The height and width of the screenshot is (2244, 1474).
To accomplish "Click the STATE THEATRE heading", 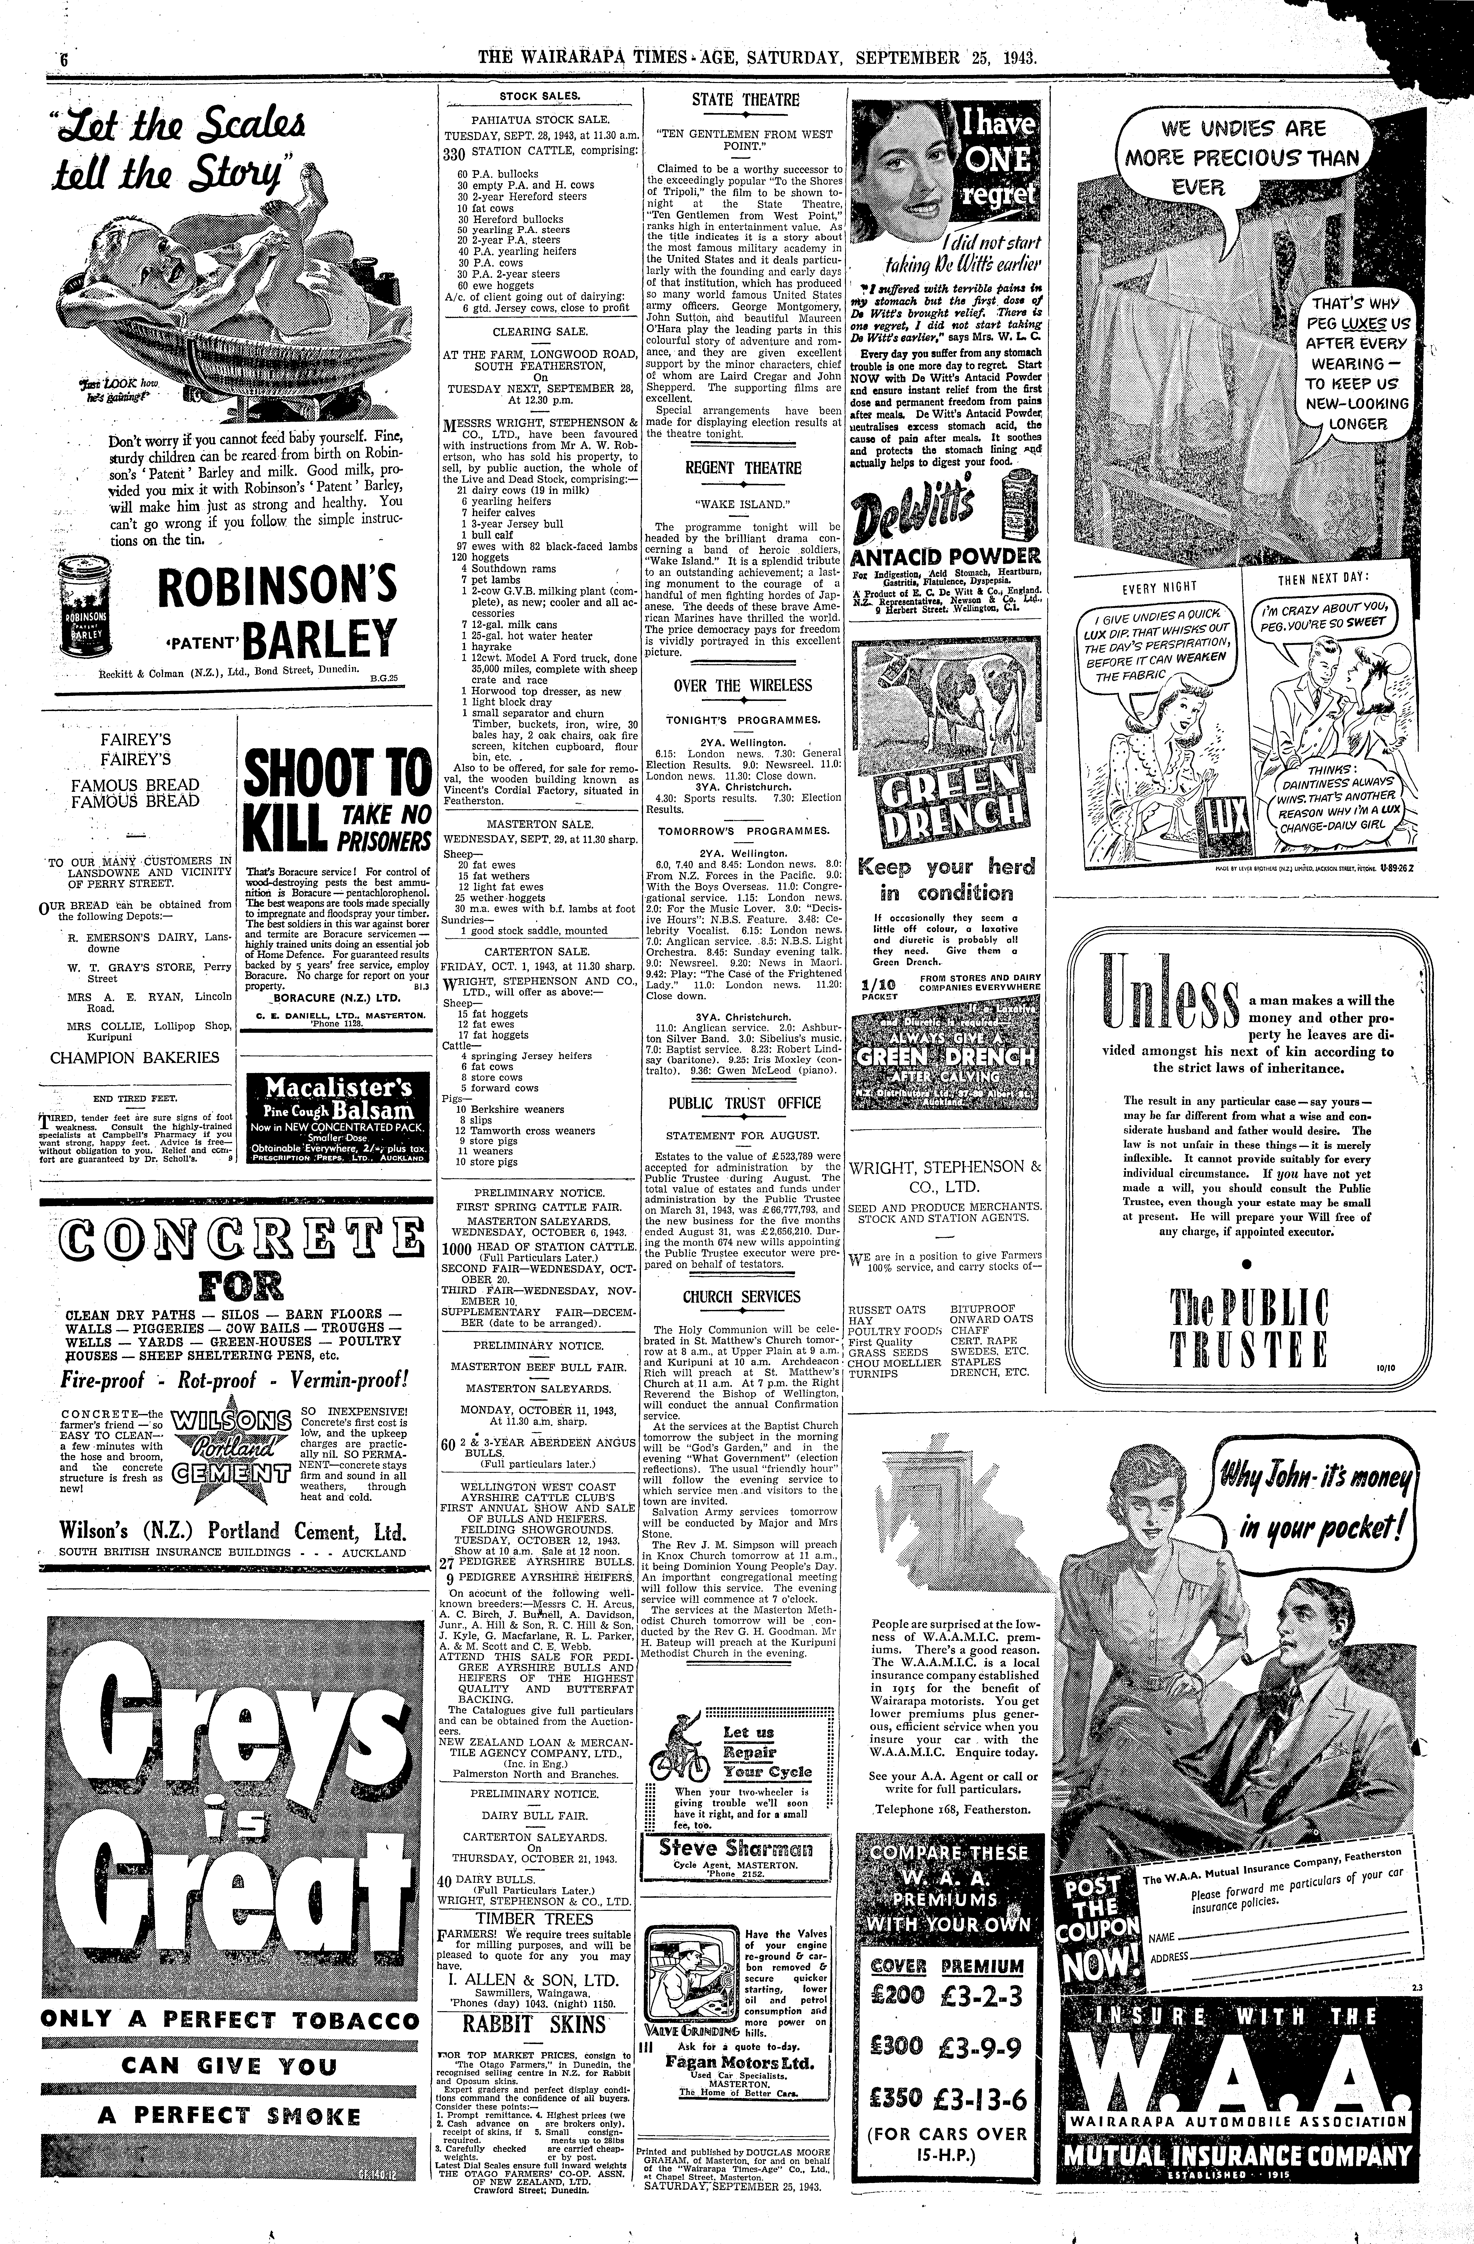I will tap(745, 100).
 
